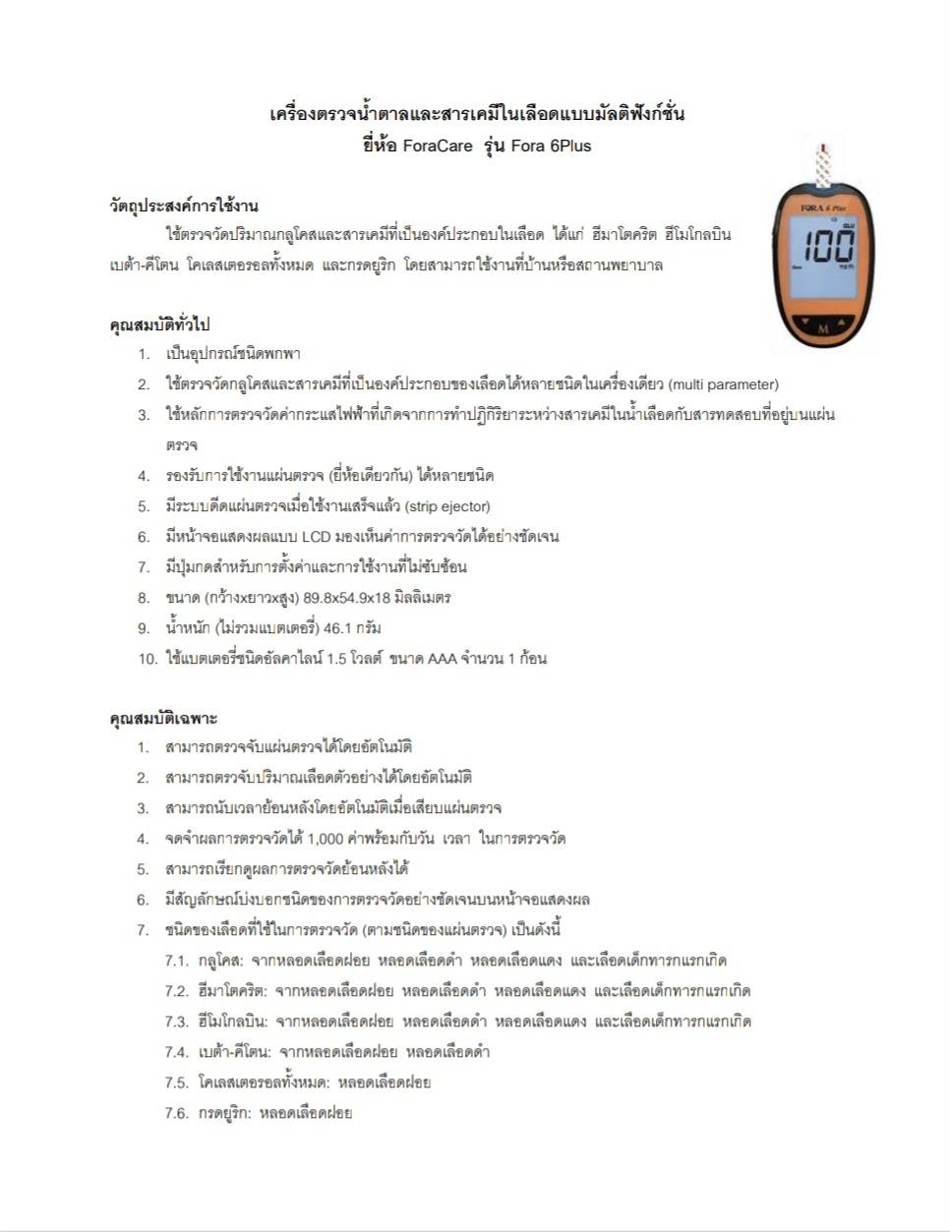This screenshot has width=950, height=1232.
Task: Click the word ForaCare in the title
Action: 437,146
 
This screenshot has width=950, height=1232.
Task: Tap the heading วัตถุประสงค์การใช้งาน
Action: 184,205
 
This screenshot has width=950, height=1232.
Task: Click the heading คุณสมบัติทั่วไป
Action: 159,324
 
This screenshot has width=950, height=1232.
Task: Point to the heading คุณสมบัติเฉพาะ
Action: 163,718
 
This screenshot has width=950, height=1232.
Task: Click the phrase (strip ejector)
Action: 447,506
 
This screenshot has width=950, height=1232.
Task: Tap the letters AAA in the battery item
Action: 442,659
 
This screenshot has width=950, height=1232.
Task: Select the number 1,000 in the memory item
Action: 325,839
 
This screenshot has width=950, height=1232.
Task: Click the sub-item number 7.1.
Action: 177,961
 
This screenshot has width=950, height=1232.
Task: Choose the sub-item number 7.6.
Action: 177,1113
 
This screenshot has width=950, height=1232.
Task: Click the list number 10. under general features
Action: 148,659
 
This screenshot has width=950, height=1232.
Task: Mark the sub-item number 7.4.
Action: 177,1052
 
